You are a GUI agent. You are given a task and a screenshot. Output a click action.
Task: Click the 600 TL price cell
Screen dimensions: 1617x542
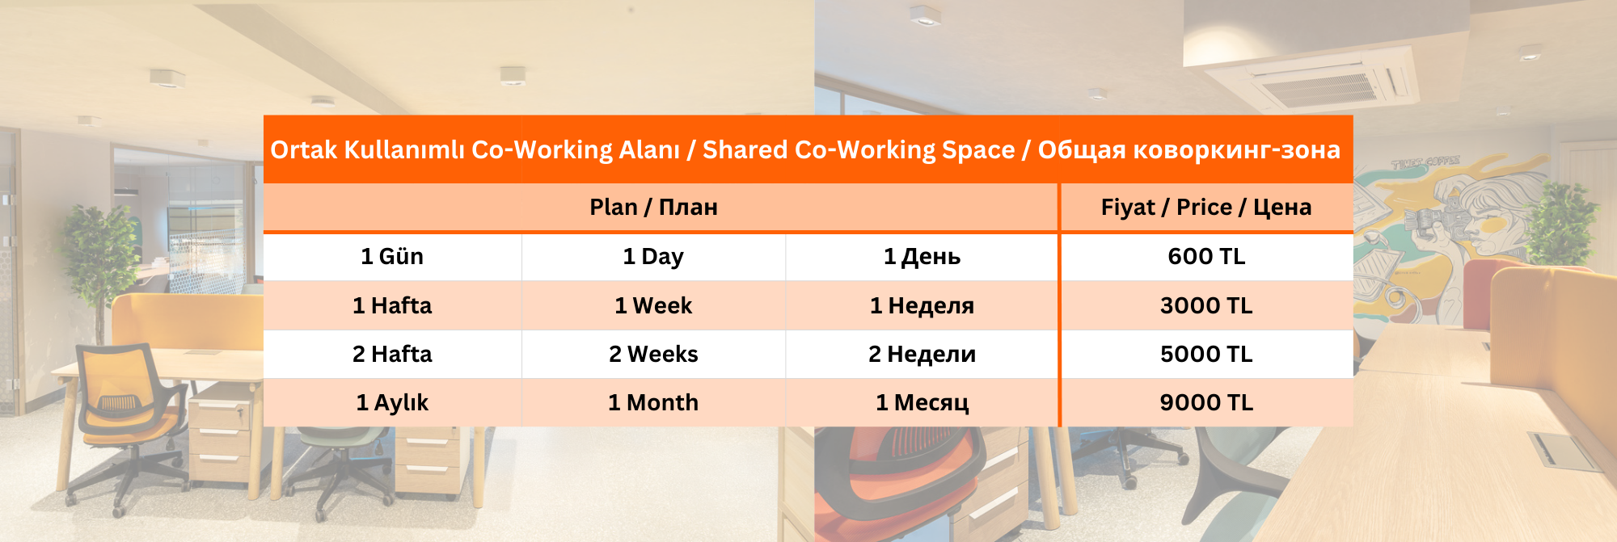(1206, 257)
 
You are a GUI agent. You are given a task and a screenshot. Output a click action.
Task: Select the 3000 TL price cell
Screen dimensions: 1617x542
(1206, 305)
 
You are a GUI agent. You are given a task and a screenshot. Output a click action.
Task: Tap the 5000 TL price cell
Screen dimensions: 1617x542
(1206, 354)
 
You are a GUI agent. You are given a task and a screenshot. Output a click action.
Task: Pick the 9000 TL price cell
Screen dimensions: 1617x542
(1206, 402)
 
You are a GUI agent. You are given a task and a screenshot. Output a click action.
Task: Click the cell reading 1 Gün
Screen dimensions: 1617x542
(392, 257)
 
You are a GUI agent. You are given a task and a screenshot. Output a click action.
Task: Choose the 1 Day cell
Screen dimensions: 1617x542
(653, 257)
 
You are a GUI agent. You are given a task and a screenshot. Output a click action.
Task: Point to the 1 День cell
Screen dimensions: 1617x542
(922, 257)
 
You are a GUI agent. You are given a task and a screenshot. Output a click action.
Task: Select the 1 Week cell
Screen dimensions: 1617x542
(653, 305)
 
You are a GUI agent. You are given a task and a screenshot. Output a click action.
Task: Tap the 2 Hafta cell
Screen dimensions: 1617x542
(392, 354)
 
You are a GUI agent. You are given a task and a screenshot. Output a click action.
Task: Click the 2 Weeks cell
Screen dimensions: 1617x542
(653, 354)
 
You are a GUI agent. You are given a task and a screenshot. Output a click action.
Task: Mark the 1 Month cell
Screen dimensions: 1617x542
(653, 402)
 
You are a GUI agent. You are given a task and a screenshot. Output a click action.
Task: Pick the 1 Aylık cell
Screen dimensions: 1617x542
(392, 402)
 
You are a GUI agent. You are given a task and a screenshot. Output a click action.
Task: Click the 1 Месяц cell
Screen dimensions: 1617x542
(922, 402)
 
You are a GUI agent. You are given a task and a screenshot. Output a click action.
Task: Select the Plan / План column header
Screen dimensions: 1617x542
(653, 208)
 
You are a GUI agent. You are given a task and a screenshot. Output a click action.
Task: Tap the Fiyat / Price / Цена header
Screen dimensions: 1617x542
(1206, 208)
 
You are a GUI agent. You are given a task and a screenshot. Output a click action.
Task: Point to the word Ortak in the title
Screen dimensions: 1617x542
(303, 149)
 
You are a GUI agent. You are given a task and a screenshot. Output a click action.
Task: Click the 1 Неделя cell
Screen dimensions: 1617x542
(922, 305)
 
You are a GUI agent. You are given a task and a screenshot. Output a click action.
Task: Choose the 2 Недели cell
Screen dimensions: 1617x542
(922, 354)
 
